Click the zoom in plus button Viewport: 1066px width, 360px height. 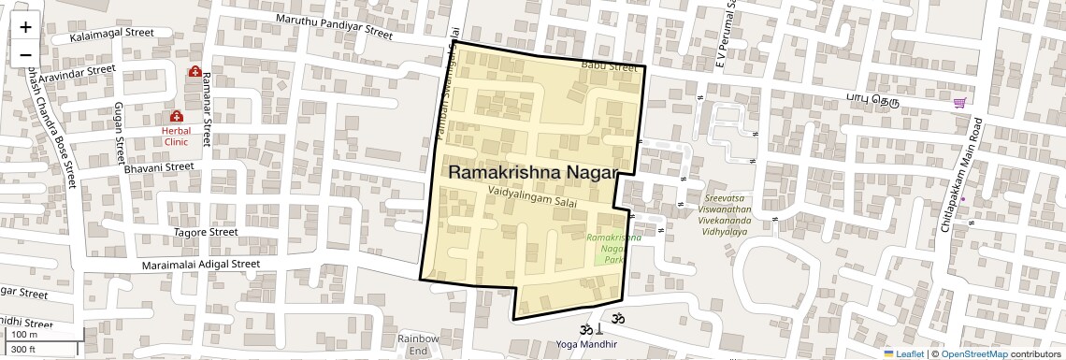(25, 26)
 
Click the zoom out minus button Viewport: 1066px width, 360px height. (25, 54)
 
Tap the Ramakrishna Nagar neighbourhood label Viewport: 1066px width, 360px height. (534, 173)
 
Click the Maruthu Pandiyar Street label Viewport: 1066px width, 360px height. (334, 25)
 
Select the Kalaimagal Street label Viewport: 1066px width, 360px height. (111, 35)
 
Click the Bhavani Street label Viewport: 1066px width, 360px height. (158, 167)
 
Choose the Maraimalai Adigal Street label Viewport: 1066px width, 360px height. (200, 265)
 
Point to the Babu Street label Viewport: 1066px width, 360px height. (609, 66)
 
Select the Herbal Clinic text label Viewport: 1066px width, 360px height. (176, 137)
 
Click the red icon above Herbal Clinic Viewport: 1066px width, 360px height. (176, 116)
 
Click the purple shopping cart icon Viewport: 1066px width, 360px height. (958, 103)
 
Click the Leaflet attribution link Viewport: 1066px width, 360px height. (903, 354)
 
